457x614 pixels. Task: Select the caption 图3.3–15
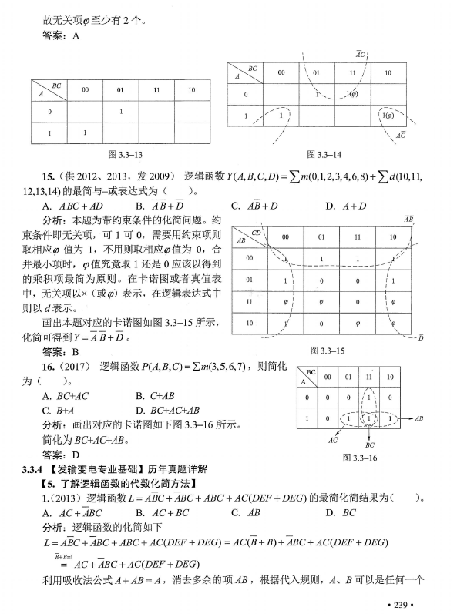click(330, 350)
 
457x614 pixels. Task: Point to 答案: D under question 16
click(60, 454)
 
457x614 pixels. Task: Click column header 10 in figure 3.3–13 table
click(190, 91)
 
